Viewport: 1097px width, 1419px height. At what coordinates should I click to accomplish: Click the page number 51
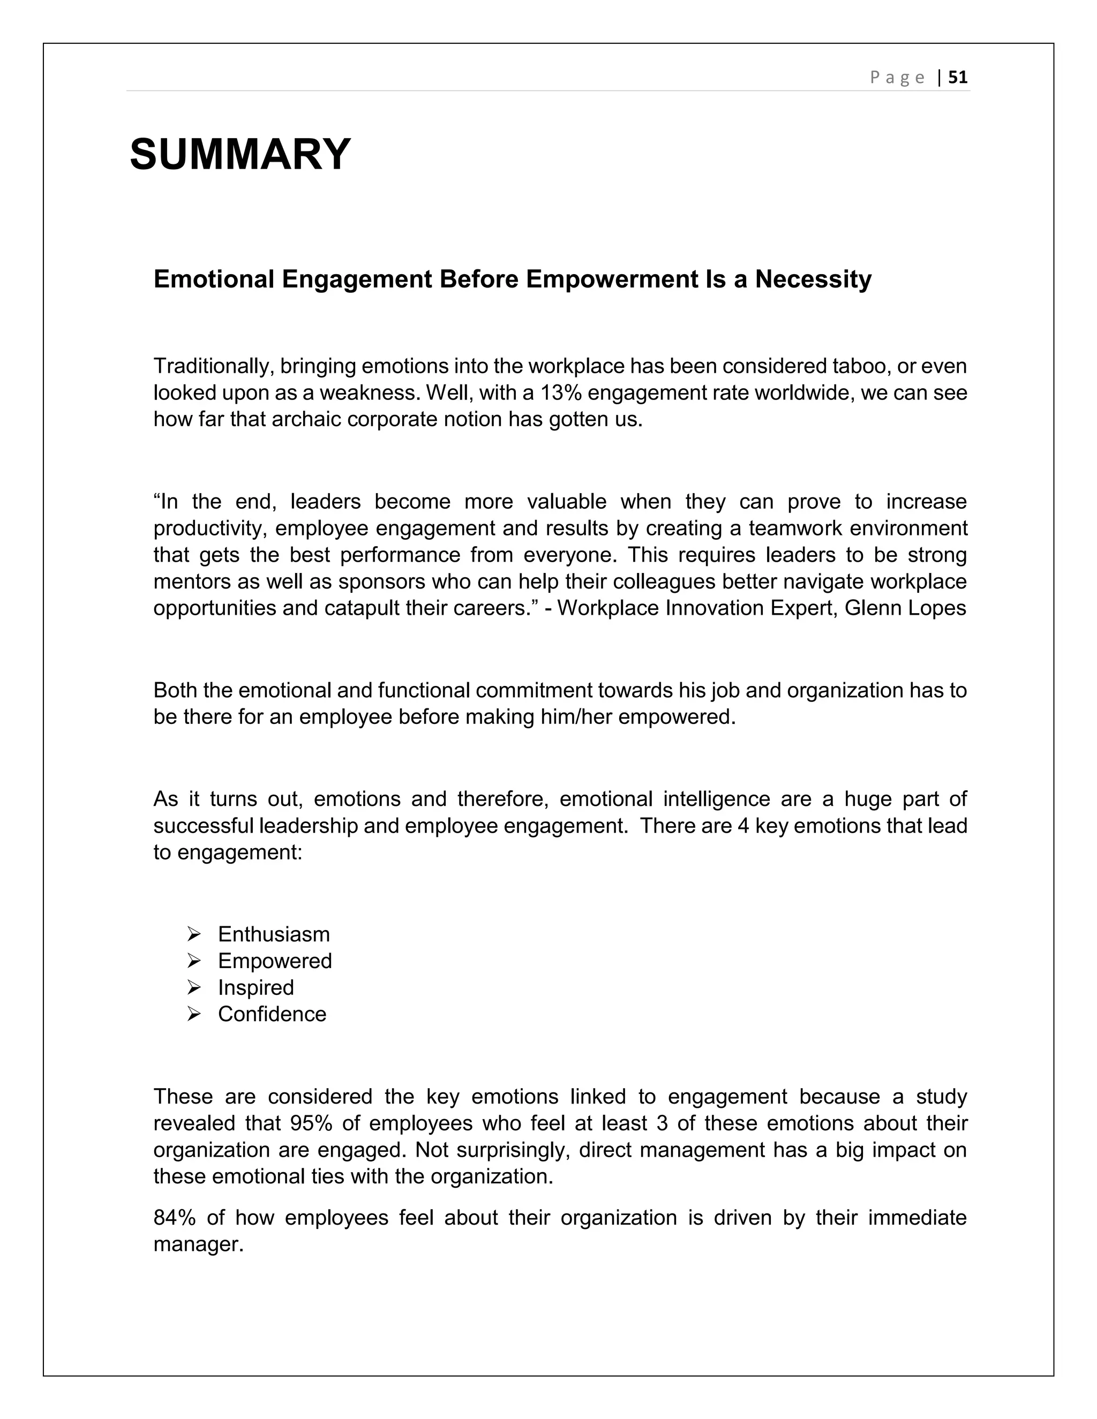click(957, 77)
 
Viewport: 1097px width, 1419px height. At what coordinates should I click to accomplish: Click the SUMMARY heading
click(240, 155)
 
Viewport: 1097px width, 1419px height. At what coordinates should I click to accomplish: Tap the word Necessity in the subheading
click(813, 280)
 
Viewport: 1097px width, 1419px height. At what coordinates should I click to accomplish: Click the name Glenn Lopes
click(905, 608)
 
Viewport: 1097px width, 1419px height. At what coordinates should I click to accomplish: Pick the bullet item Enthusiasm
click(274, 934)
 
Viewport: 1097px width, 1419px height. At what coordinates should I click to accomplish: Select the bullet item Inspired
click(256, 987)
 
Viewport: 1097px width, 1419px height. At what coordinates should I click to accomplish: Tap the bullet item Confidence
click(272, 1014)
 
